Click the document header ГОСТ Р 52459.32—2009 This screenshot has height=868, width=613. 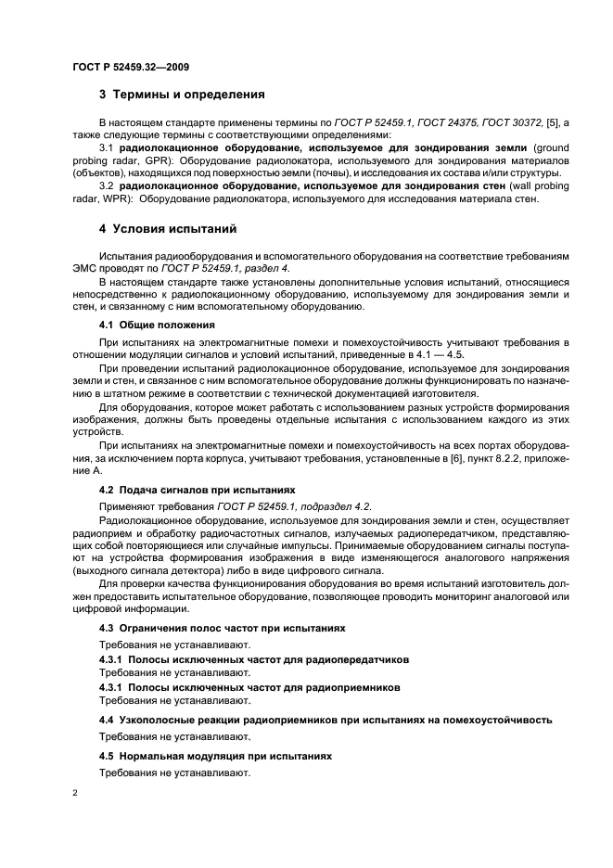132,67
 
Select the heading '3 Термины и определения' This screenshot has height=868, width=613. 182,95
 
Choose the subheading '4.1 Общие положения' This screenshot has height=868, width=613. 157,325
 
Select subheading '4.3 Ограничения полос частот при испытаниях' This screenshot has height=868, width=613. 222,628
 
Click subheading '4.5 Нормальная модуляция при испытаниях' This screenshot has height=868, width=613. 215,757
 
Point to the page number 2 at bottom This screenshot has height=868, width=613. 75,794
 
